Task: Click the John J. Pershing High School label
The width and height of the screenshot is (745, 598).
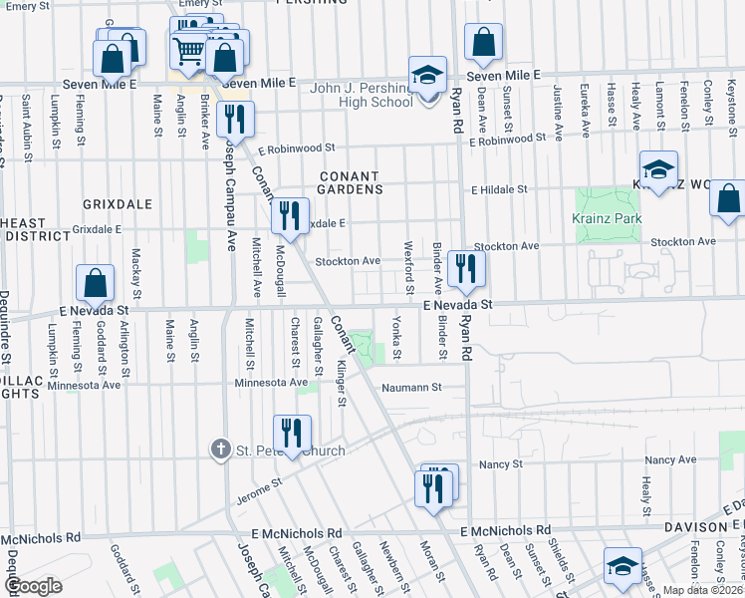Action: click(x=347, y=95)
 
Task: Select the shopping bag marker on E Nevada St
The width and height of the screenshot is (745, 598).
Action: click(x=95, y=285)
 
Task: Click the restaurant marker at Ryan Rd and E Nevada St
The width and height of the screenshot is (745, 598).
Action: click(x=465, y=268)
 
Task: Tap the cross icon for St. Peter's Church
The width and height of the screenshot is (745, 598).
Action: click(x=223, y=449)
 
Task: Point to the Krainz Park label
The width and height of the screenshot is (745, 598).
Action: click(x=606, y=218)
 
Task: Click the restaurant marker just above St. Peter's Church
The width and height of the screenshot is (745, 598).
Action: click(x=291, y=433)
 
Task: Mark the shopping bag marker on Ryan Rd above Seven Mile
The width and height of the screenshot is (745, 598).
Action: click(x=483, y=43)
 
